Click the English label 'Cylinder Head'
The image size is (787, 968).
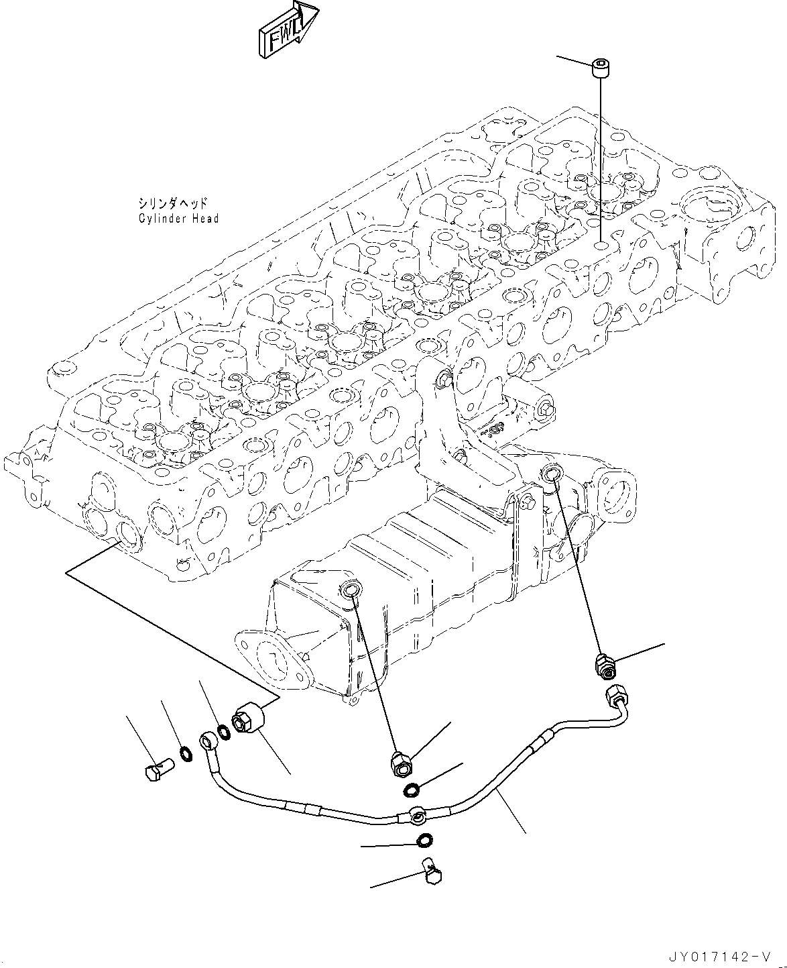(178, 219)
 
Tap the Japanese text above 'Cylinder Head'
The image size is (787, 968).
(173, 203)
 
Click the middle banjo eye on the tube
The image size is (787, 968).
(417, 816)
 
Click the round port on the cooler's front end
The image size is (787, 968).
(351, 590)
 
